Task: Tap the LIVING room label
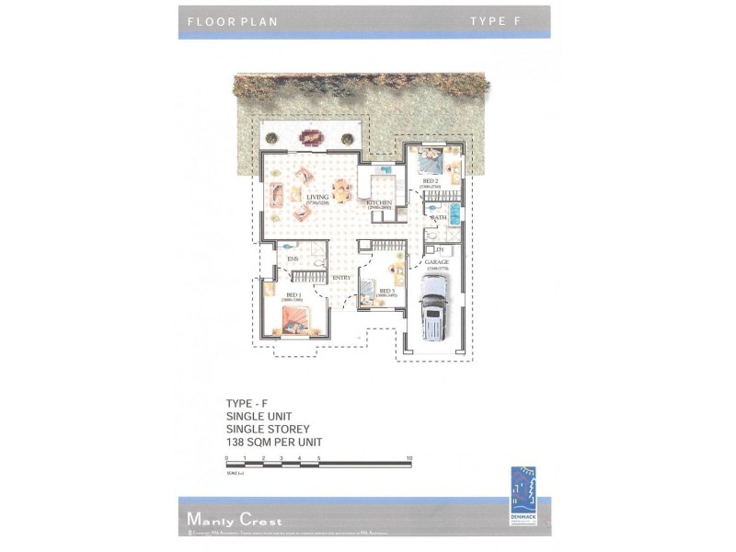click(x=316, y=196)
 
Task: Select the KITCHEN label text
click(x=380, y=202)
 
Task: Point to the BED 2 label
click(x=430, y=181)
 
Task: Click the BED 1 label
click(x=292, y=295)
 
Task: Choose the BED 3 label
click(x=387, y=292)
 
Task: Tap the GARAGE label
click(x=437, y=262)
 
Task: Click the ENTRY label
click(x=341, y=277)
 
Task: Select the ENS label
click(x=293, y=259)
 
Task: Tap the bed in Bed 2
click(x=430, y=161)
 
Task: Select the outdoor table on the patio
click(x=310, y=138)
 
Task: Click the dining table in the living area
click(x=342, y=190)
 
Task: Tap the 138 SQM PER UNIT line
click(x=274, y=442)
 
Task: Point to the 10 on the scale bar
click(x=409, y=457)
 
